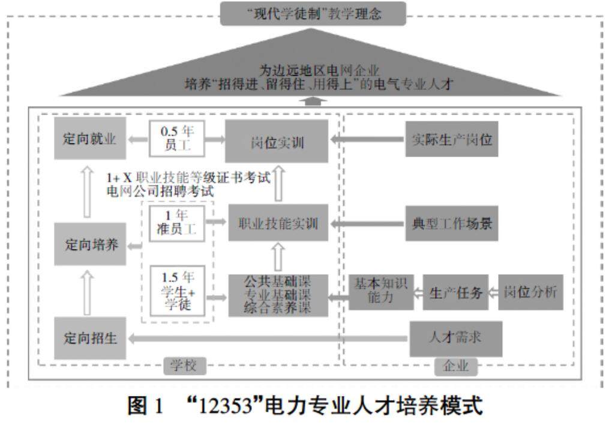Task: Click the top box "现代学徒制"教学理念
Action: (313, 13)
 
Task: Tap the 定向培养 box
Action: (90, 245)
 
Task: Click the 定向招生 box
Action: (90, 338)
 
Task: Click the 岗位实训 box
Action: (277, 141)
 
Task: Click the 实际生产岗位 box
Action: (451, 140)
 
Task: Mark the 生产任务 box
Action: (455, 293)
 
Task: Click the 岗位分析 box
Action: (530, 293)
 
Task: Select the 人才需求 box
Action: (455, 338)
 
